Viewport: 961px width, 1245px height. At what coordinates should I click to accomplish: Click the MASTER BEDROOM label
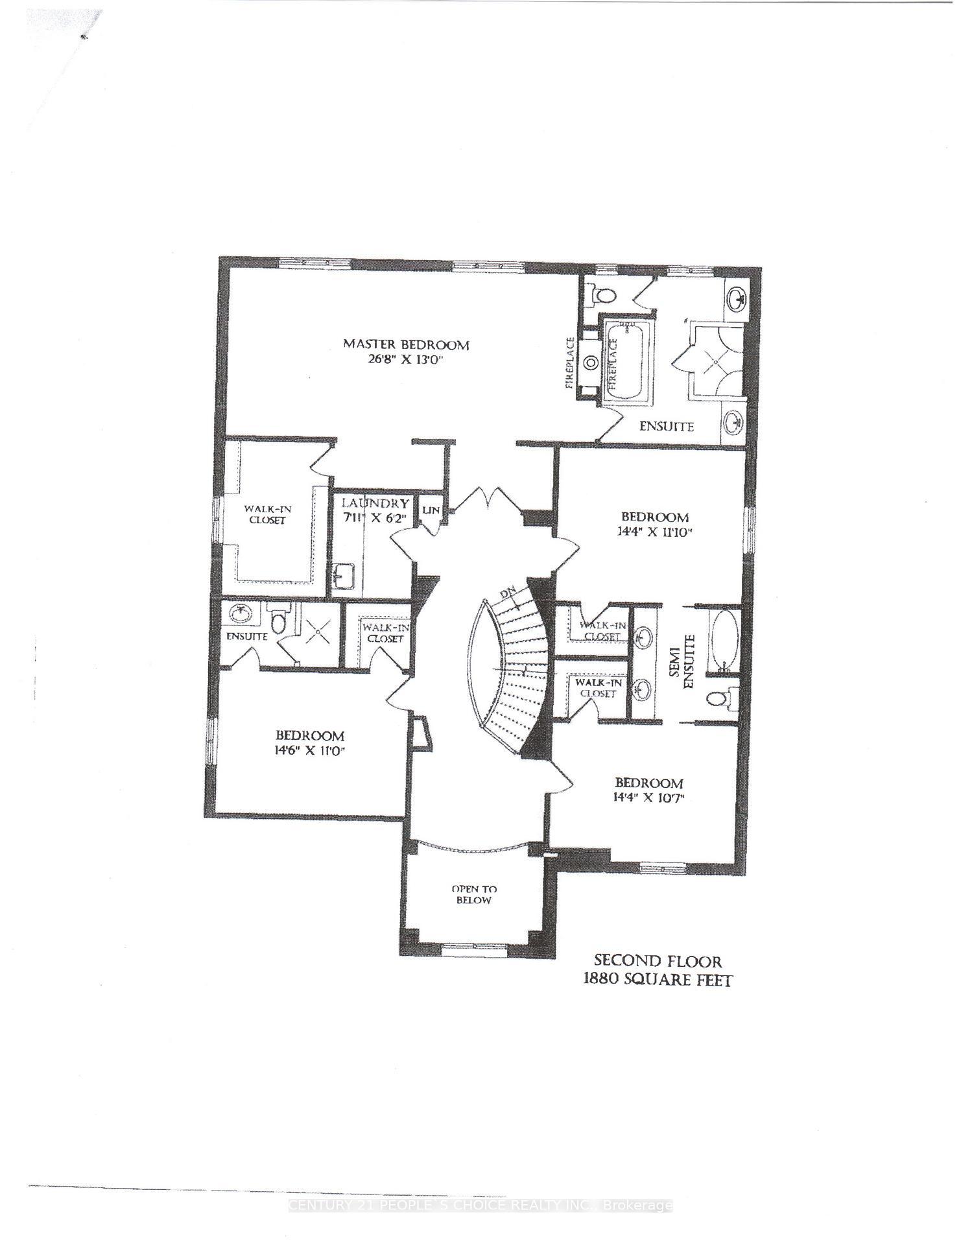pos(405,344)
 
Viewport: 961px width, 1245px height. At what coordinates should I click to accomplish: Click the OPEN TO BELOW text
pos(474,895)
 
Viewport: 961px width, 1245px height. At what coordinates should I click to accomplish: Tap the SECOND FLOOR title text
pos(658,961)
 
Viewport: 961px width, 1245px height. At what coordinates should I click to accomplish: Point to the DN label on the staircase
pos(507,594)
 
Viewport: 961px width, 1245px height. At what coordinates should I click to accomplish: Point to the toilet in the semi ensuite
pos(715,698)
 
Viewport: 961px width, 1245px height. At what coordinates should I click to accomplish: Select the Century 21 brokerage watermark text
pos(480,1205)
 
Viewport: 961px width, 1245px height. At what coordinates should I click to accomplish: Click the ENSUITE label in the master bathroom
pos(667,427)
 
